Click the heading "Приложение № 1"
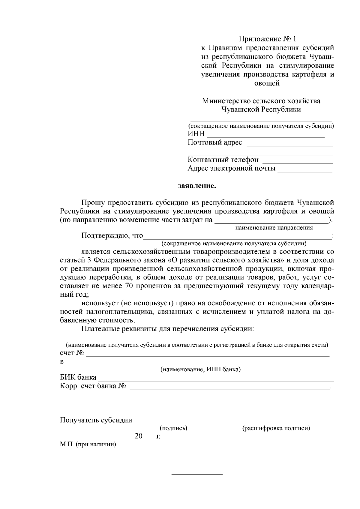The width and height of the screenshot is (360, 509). pos(267,39)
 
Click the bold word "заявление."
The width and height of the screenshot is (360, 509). pos(197,186)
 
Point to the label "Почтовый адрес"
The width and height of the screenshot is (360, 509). pos(214,142)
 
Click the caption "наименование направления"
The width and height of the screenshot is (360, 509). pos(274,228)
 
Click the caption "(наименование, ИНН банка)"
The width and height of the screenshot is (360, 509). pos(200,370)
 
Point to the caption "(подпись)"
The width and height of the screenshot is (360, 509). pos(173,428)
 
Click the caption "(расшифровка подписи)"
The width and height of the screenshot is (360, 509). pos(276,428)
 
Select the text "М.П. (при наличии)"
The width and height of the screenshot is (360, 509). pos(88,444)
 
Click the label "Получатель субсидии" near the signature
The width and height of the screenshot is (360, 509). pos(96,420)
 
